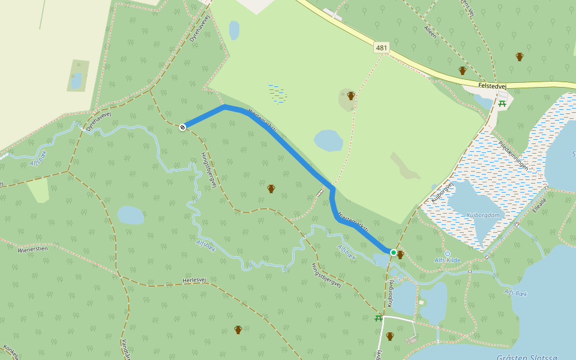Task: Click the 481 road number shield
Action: pos(382,47)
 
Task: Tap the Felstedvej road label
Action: pos(493,86)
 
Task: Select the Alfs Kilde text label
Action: pos(447,260)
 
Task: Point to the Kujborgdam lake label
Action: pos(482,214)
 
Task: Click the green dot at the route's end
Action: pos(393,253)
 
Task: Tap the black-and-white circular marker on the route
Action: pos(182,127)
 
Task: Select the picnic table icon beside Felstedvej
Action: pos(503,103)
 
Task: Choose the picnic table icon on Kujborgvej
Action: pos(379,317)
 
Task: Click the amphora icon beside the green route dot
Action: pos(400,255)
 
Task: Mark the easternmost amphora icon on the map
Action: pos(520,57)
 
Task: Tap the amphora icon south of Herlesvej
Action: pos(238,330)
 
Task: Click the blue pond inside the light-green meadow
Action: pos(328,140)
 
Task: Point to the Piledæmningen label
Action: pos(513,155)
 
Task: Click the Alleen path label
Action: pos(430,32)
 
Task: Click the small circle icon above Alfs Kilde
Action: pos(447,254)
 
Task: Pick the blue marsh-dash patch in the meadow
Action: pos(277,92)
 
